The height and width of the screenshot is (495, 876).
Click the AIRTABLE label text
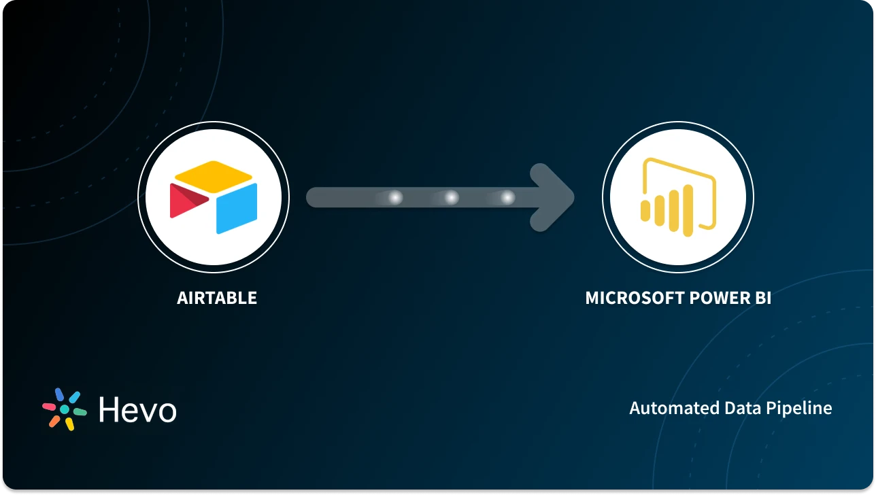(217, 298)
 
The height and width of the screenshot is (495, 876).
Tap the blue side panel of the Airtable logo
(237, 209)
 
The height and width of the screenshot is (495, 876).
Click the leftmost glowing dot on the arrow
(394, 198)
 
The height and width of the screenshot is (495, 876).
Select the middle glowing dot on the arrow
(451, 198)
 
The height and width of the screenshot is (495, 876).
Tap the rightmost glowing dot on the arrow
(507, 198)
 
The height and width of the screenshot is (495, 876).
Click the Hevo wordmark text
(137, 410)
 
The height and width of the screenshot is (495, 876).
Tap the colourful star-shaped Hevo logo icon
(65, 409)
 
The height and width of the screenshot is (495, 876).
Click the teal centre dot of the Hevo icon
(65, 409)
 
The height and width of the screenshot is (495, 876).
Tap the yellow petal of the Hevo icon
(69, 424)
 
